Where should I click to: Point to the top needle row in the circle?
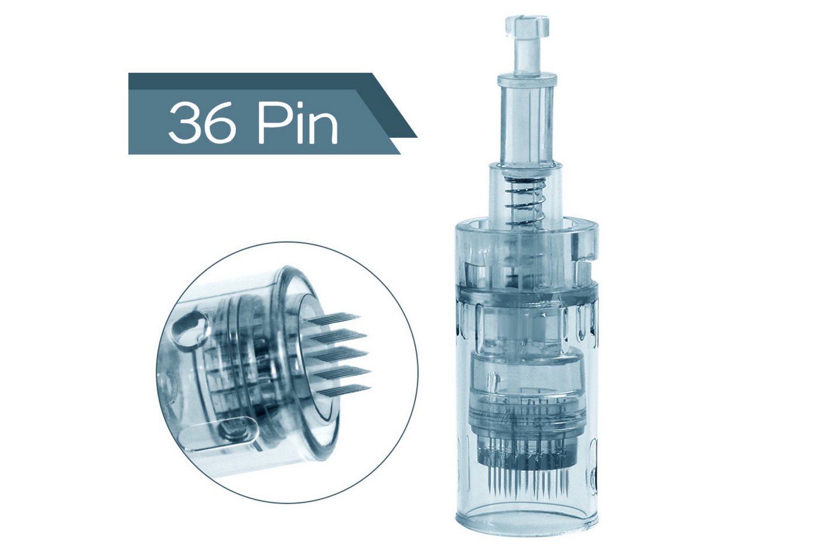333,320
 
